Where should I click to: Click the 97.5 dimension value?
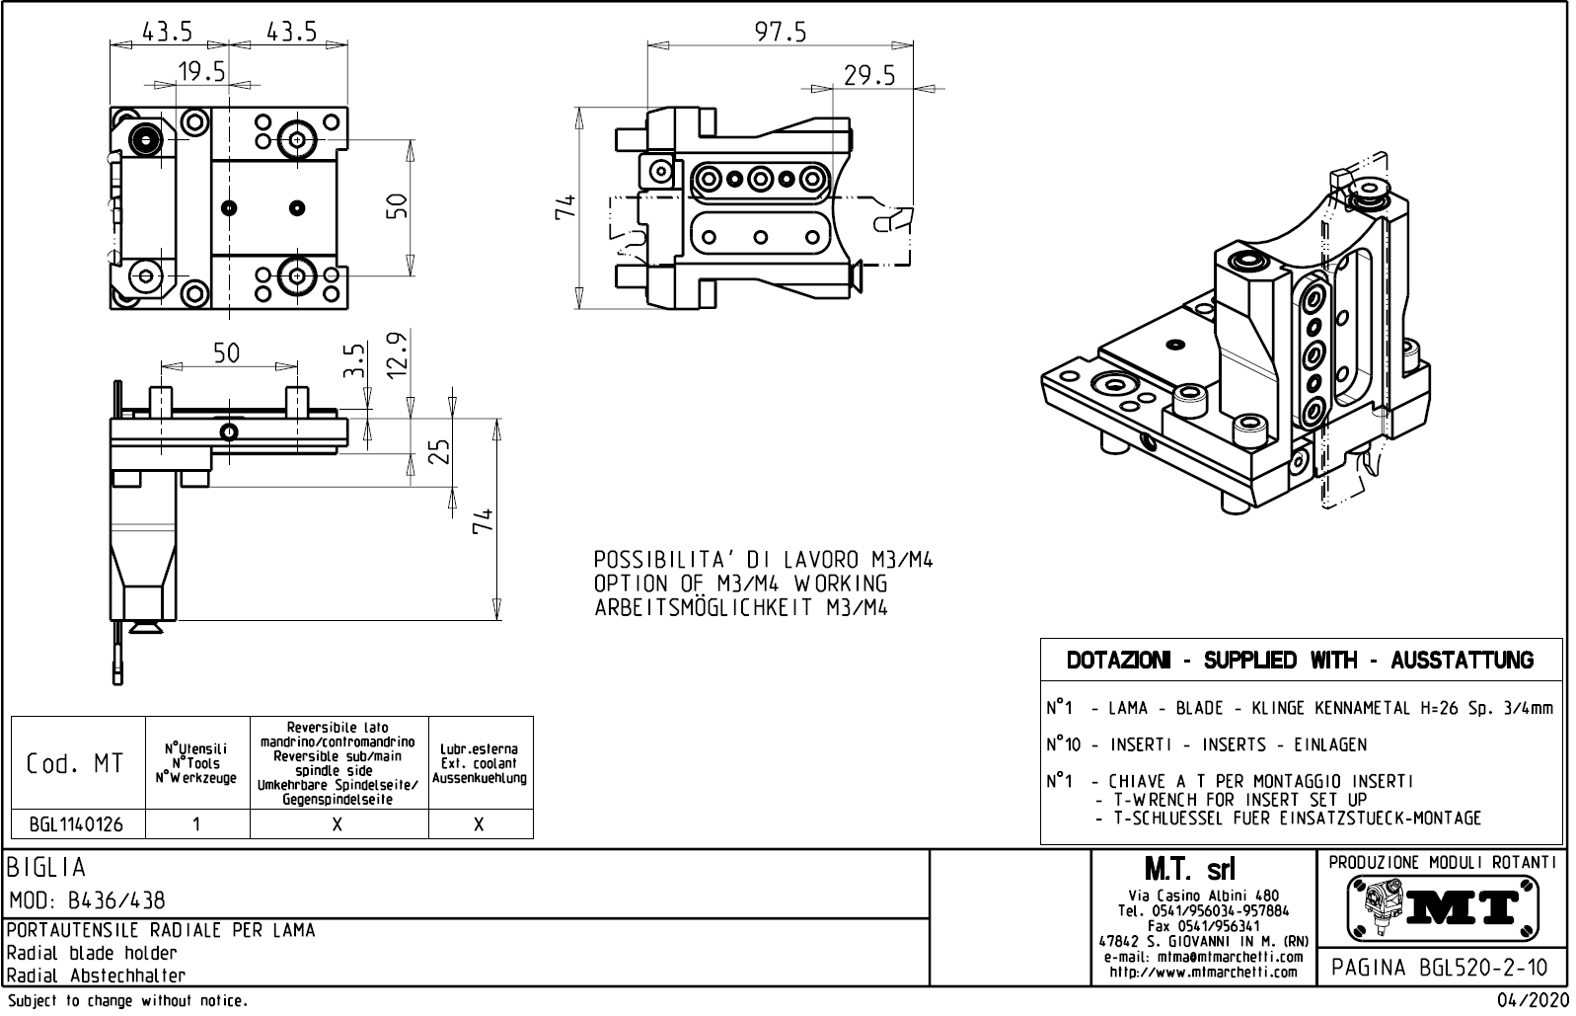tap(781, 33)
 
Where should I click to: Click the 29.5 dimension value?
tap(869, 76)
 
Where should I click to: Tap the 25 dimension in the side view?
tap(440, 451)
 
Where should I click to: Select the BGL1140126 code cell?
tap(77, 823)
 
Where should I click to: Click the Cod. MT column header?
tap(77, 763)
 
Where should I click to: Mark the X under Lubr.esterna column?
tap(480, 823)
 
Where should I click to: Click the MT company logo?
tap(1442, 907)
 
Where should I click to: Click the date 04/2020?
tap(1531, 1001)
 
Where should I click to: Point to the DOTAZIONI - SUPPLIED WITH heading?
tap(1301, 661)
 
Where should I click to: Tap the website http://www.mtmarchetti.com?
tap(1203, 972)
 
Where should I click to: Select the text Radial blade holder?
tap(92, 954)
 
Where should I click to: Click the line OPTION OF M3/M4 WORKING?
tap(741, 585)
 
